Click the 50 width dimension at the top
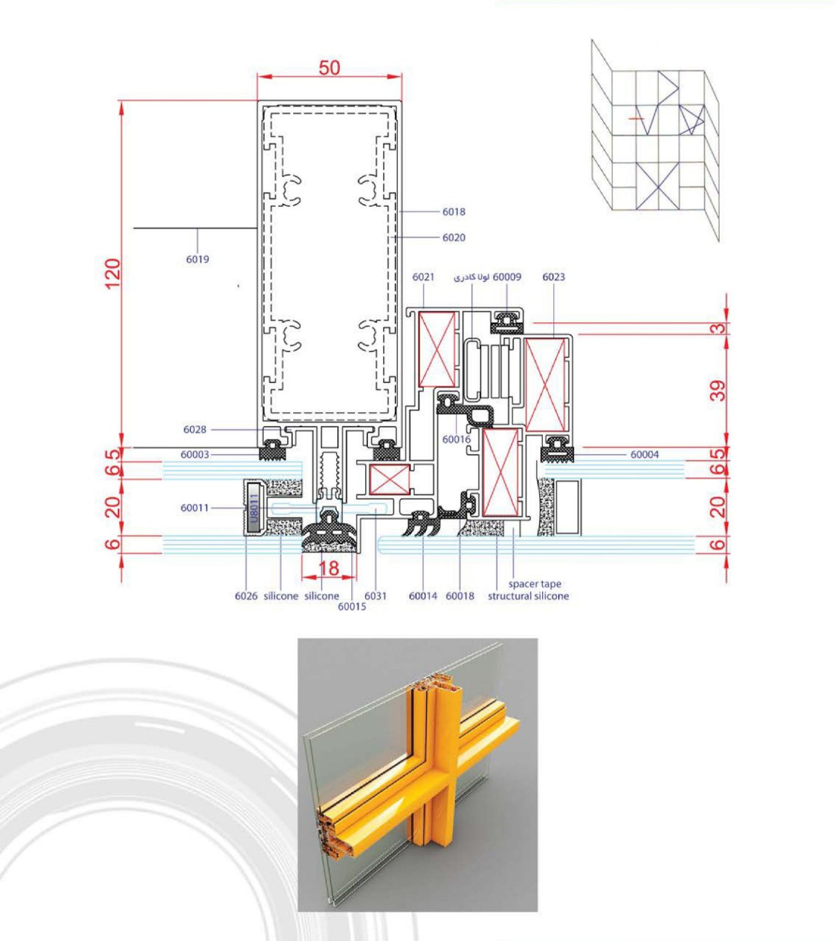pyautogui.click(x=329, y=67)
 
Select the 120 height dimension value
pyautogui.click(x=113, y=274)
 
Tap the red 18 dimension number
pyautogui.click(x=329, y=568)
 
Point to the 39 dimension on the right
pyautogui.click(x=717, y=390)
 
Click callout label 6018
pyautogui.click(x=453, y=212)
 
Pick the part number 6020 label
pyautogui.click(x=453, y=238)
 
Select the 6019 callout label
pyautogui.click(x=198, y=260)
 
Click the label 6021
pyautogui.click(x=423, y=277)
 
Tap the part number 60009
pyautogui.click(x=507, y=277)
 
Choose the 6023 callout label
pyautogui.click(x=553, y=277)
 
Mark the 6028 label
pyautogui.click(x=195, y=429)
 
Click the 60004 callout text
pyautogui.click(x=644, y=455)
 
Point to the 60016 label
pyautogui.click(x=457, y=439)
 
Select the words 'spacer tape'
pyautogui.click(x=534, y=584)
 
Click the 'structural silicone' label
pyautogui.click(x=528, y=596)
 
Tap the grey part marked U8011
pyautogui.click(x=253, y=508)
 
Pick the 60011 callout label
pyautogui.click(x=195, y=508)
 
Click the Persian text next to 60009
pyautogui.click(x=471, y=277)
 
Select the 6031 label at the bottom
pyautogui.click(x=375, y=596)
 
